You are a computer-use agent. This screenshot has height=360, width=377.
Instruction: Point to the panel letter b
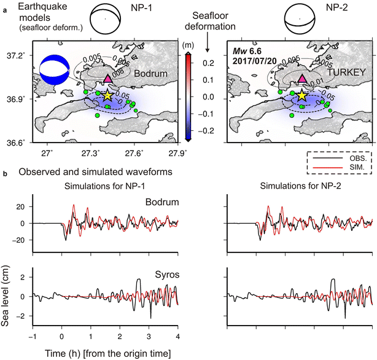(6, 174)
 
